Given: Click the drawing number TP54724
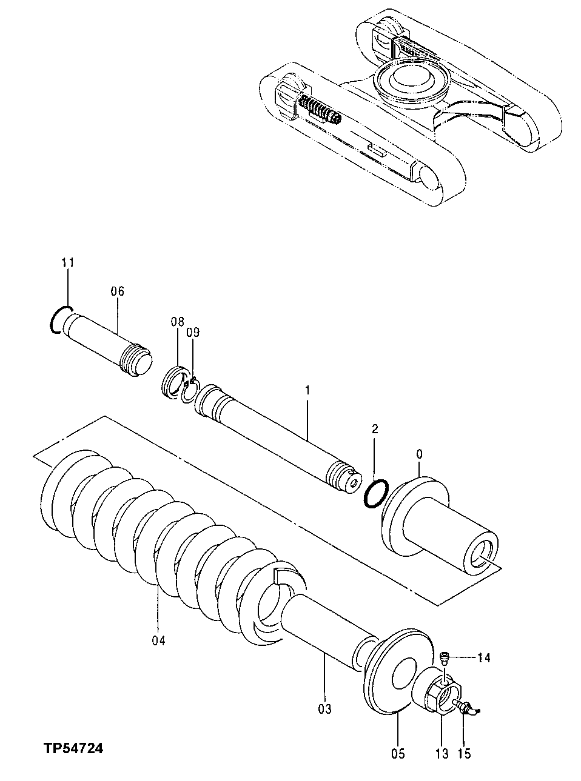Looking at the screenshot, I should (x=72, y=749).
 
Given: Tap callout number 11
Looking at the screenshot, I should (x=67, y=262).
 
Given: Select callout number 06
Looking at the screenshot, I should (x=117, y=291).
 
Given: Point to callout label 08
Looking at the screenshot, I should (x=176, y=322).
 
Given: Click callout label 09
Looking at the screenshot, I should (x=192, y=332).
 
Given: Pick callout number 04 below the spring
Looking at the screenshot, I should (x=158, y=640).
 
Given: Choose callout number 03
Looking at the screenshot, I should (x=324, y=708).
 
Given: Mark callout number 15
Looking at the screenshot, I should (x=464, y=754).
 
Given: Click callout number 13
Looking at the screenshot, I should (x=442, y=754).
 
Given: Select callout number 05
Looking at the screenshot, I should (x=397, y=754).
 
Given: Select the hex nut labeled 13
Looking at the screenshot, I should (x=444, y=697).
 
